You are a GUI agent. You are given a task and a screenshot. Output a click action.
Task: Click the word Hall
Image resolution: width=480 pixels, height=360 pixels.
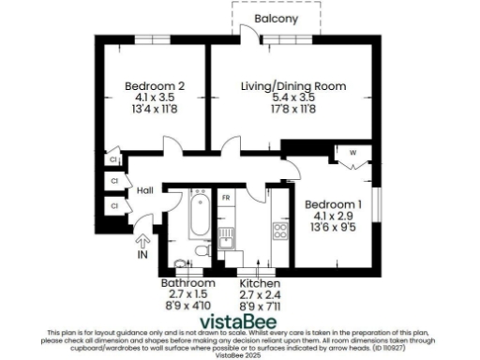click(x=144, y=190)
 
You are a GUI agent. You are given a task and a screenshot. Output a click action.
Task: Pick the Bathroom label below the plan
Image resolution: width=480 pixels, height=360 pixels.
click(x=184, y=282)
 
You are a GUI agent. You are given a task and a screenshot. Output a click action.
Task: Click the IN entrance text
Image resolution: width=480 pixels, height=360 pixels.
click(x=142, y=254)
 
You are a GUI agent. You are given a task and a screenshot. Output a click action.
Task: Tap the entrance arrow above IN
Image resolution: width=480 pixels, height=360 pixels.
click(x=142, y=234)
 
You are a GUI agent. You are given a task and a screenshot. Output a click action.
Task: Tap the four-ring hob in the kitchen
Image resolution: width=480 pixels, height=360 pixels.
click(x=278, y=229)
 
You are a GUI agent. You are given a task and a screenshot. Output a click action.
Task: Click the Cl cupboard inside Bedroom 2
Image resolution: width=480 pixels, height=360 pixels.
click(x=112, y=158)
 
